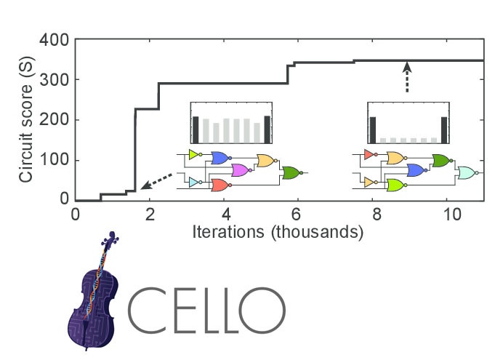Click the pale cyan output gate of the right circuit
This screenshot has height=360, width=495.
pos(467,172)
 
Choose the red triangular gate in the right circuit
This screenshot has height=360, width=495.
pos(368,155)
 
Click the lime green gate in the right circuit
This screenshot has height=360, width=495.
pos(396,185)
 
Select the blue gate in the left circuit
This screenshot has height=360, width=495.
pos(219,157)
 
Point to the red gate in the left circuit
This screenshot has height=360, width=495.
pos(219,185)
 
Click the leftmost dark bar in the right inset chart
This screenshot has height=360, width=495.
pos(373,129)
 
